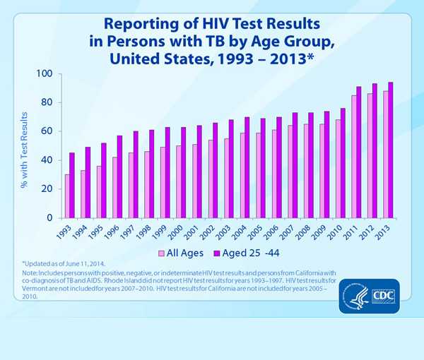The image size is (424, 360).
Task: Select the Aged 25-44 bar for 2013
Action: pyautogui.click(x=391, y=150)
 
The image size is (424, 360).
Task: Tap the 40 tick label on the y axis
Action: pyautogui.click(x=47, y=160)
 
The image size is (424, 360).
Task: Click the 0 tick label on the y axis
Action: pyautogui.click(x=50, y=218)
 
